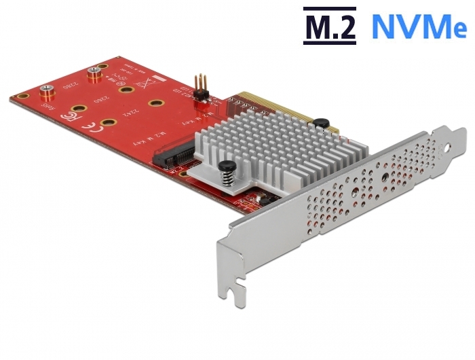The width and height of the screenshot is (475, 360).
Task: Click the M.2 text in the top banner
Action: pos(328,27)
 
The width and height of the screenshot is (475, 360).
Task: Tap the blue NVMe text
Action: pos(418,27)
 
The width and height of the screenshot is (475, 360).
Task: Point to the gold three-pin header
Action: pos(202,86)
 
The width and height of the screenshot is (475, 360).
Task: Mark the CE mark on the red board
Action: pos(89,126)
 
